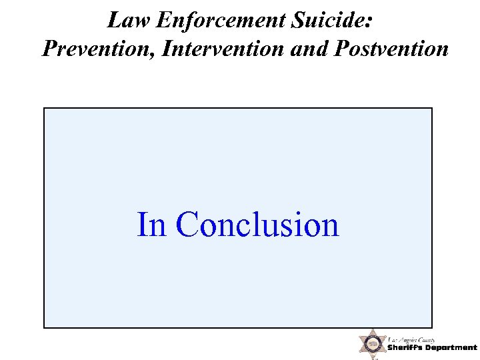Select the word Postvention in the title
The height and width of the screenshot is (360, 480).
click(x=388, y=49)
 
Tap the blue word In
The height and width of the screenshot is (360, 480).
click(x=151, y=225)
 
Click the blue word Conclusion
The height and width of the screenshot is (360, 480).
click(x=257, y=225)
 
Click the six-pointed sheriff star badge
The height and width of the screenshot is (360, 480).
click(x=372, y=343)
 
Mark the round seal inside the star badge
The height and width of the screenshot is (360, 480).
click(x=372, y=344)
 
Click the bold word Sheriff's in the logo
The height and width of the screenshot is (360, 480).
click(x=408, y=348)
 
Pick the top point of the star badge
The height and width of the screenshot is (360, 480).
click(x=372, y=329)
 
